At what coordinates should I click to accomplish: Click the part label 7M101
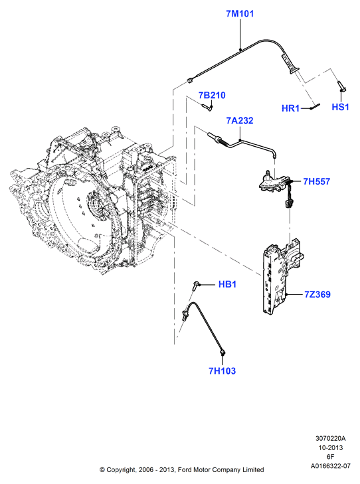pos(240,14)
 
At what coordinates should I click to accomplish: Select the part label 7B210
pos(212,96)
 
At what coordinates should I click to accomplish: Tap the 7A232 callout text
pos(240,121)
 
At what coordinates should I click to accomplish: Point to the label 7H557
pos(316,181)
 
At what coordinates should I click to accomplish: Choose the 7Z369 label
pos(317,295)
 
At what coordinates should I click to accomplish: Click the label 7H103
pos(223,370)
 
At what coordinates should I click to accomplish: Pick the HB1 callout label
pos(228,284)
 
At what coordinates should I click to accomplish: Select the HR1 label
pos(290,108)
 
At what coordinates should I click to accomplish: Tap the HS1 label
pos(340,107)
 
